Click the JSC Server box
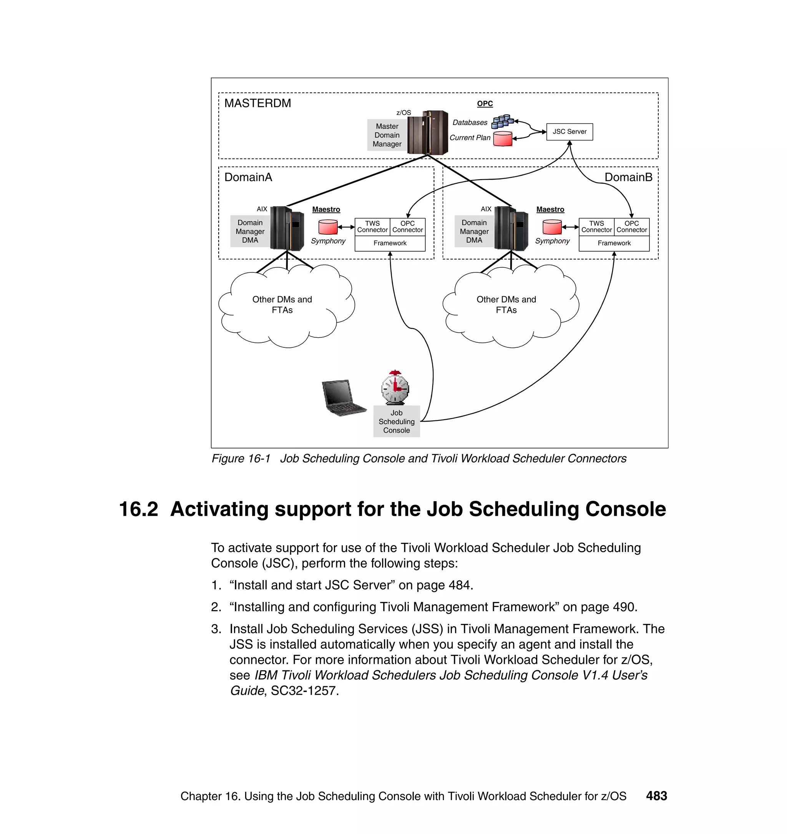pos(569,132)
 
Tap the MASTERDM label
pos(257,103)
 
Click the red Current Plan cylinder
pos(503,138)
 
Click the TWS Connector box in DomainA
pos(372,227)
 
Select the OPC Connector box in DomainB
pos(631,227)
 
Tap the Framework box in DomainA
pos(390,243)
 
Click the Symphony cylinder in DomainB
pos(552,227)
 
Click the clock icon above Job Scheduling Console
pos(395,388)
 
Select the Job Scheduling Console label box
pos(397,422)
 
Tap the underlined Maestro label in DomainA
pos(326,210)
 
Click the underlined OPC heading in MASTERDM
pos(485,104)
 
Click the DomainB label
pos(628,177)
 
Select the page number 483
pos(656,796)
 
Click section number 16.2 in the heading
pos(139,509)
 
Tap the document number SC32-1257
pos(305,691)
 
